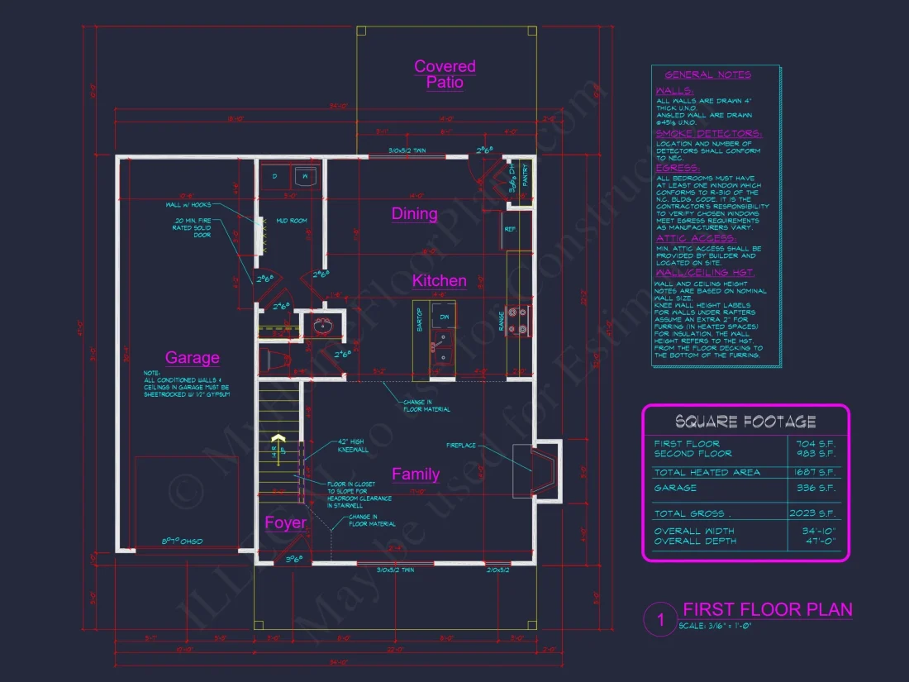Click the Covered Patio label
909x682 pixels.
445,74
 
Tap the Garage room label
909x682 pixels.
193,357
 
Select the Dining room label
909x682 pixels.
414,214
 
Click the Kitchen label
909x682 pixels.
440,281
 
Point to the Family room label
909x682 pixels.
415,474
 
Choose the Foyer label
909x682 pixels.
285,522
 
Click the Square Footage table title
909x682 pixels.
745,422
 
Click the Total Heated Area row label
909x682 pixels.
707,472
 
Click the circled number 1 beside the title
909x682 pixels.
659,620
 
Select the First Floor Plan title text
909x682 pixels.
768,610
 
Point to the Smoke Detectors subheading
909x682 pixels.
709,133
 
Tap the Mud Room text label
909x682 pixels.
292,221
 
